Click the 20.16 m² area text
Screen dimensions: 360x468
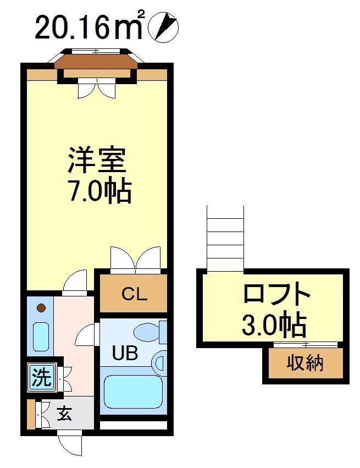point(90,26)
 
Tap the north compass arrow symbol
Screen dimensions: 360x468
point(163,27)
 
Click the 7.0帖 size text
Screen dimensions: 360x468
point(99,190)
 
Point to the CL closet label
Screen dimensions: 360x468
point(134,294)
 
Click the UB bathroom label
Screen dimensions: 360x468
point(125,353)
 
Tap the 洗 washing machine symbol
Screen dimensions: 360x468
point(42,377)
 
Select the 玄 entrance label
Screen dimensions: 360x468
point(65,413)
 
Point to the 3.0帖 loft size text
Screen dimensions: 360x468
point(274,324)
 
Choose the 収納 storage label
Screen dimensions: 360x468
point(305,363)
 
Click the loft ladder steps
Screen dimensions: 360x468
point(225,238)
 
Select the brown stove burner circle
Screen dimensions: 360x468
point(41,308)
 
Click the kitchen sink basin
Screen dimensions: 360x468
point(41,337)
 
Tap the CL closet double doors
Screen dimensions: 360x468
point(135,258)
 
